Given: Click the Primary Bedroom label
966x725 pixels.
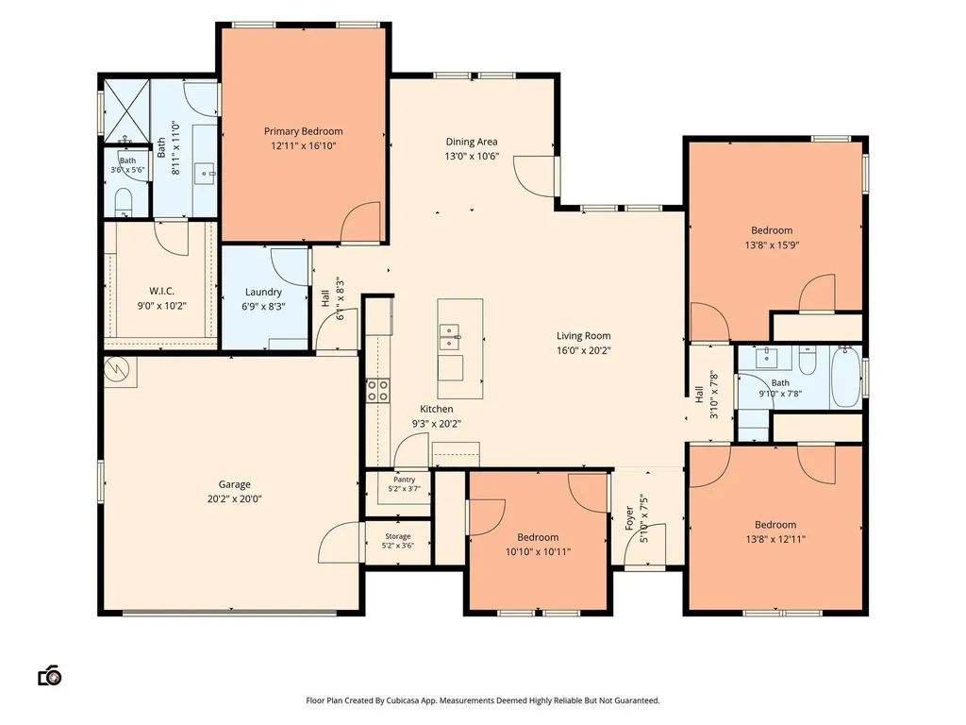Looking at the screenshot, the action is coord(303,131).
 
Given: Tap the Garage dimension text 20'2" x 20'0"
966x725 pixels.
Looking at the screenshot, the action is coord(234,498).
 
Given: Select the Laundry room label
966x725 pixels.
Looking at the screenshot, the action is coord(264,292).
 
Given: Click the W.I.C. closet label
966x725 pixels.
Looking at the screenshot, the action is coord(161,291).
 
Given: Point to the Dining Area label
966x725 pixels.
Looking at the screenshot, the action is coord(472,142).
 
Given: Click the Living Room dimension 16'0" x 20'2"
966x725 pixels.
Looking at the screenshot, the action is coord(583,350).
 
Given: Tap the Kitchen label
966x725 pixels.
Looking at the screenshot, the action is coord(436,409).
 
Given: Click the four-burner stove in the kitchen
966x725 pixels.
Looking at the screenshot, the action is coord(377,391).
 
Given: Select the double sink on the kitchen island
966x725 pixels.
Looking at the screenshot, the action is coord(450,337).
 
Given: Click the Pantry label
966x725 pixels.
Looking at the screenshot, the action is coord(404,480).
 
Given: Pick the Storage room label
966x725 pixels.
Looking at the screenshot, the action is coord(398,536).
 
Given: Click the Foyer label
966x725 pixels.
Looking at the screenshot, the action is coord(629,518).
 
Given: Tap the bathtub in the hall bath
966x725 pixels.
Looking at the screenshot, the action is coord(845,377).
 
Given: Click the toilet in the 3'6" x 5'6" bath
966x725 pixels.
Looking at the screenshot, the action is coord(124,201).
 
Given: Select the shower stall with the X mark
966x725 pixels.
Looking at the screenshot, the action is coord(126,111).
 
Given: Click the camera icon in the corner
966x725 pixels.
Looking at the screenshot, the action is coord(50,676).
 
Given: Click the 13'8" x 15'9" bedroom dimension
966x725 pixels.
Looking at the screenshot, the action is coord(772,244).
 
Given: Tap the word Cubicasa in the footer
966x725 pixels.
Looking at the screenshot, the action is coord(403,700).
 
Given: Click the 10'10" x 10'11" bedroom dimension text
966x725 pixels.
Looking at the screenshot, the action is coord(538,551).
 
